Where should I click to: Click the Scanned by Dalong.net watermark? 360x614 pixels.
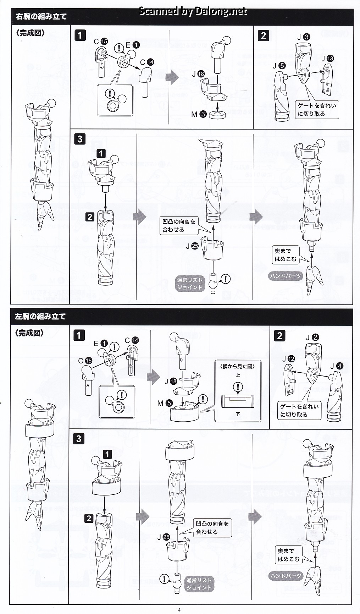pos(193,11)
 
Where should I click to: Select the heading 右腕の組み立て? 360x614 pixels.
pos(41,17)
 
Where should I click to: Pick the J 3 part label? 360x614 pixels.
pos(304,37)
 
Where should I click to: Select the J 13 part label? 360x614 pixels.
pos(327,59)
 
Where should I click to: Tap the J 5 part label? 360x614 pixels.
pos(279,66)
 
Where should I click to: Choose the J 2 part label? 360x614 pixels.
pos(312,338)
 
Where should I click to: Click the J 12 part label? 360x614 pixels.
pos(288,359)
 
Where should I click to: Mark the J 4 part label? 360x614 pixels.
pos(337,366)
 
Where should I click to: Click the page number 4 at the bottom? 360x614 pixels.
pos(179,610)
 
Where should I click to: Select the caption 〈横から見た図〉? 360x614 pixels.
pos(238,366)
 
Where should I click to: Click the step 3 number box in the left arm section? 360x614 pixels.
pos(79,439)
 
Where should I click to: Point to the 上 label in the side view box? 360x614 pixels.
pos(238,375)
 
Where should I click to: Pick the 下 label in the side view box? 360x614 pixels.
pos(238,414)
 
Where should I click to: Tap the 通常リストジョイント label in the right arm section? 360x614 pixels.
pos(190,284)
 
